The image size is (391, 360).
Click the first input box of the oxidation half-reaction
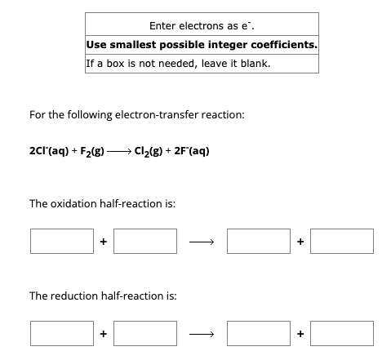62,242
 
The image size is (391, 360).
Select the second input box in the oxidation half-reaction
145,242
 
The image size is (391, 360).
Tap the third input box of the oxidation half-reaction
260,242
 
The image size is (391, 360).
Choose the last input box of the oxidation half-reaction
343,242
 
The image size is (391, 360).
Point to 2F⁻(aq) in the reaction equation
193,150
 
